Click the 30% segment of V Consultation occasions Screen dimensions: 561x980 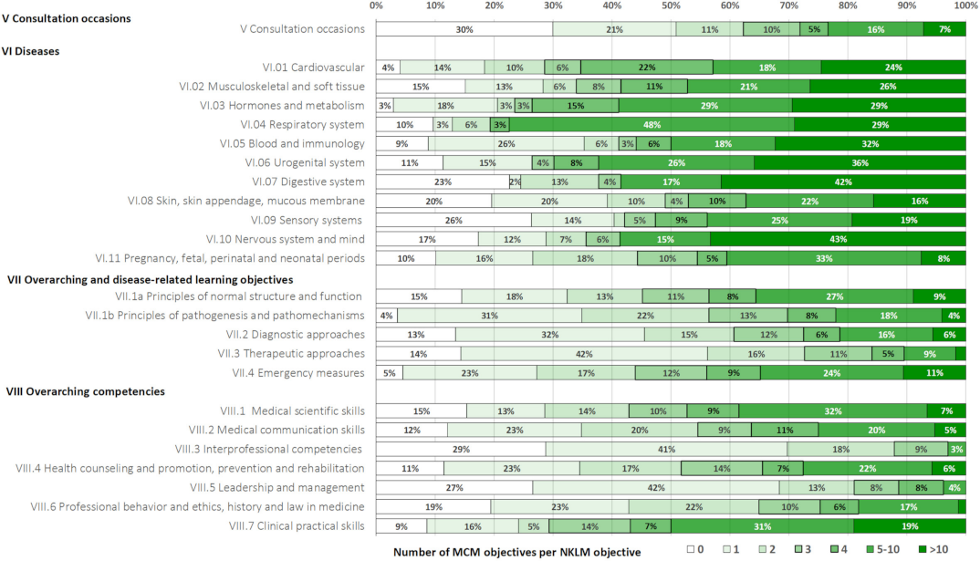(464, 29)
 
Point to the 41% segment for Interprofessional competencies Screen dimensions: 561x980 (666, 449)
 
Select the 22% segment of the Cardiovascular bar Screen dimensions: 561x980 (647, 68)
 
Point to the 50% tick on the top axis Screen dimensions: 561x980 (671, 6)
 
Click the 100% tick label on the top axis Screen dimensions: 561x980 (965, 6)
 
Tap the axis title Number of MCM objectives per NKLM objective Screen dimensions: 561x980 (517, 552)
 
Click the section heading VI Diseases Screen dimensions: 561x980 (33, 51)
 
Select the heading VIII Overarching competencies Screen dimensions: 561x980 (86, 391)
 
